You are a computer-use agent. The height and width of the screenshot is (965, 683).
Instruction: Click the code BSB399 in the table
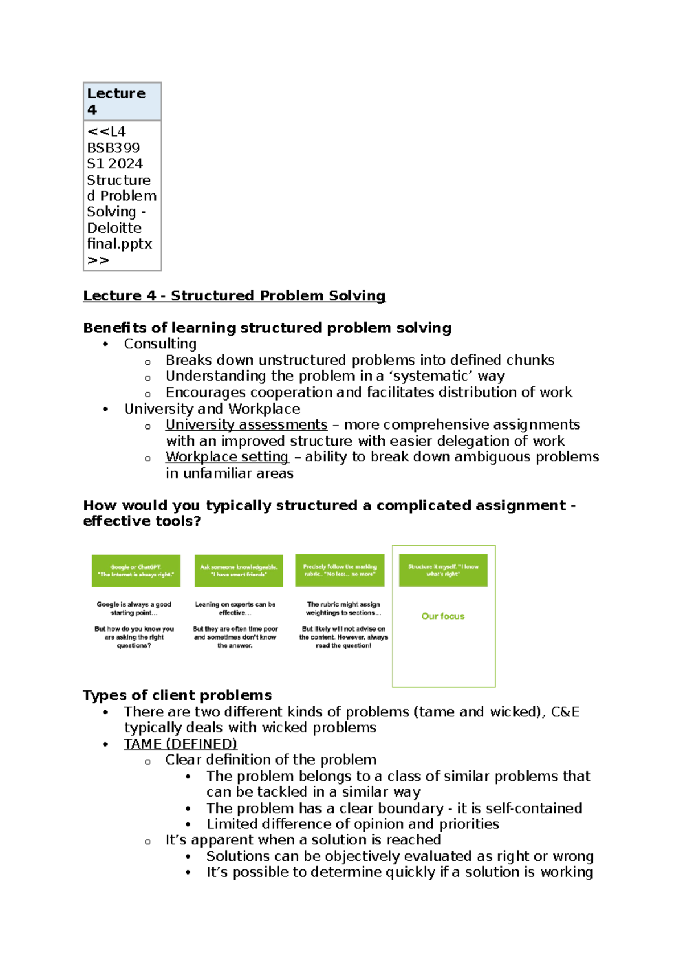113,148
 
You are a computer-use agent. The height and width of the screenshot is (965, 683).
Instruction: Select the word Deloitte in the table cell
114,228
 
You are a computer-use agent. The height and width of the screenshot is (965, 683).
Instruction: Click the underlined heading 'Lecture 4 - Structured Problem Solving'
234,296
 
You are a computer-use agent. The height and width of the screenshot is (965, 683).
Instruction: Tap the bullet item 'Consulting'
160,344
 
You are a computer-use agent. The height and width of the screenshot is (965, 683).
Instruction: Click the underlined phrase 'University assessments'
246,425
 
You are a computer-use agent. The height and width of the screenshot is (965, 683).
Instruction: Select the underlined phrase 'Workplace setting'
227,457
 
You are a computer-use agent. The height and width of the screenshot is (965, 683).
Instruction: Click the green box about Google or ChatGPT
135,570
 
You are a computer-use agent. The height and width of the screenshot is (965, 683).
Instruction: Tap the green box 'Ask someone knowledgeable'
238,570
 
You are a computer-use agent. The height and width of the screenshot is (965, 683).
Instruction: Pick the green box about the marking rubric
340,570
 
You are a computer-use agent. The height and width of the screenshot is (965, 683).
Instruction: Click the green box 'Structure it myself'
443,570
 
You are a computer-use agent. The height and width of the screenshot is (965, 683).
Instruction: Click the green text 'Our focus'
443,616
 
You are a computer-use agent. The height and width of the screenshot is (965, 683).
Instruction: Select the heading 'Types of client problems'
177,695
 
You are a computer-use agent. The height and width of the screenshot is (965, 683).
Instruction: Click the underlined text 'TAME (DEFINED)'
180,744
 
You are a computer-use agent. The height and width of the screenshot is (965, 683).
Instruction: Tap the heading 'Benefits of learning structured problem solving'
267,328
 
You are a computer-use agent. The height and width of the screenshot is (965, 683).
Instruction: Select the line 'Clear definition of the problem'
270,760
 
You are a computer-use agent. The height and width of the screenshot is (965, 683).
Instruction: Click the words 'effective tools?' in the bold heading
142,521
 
